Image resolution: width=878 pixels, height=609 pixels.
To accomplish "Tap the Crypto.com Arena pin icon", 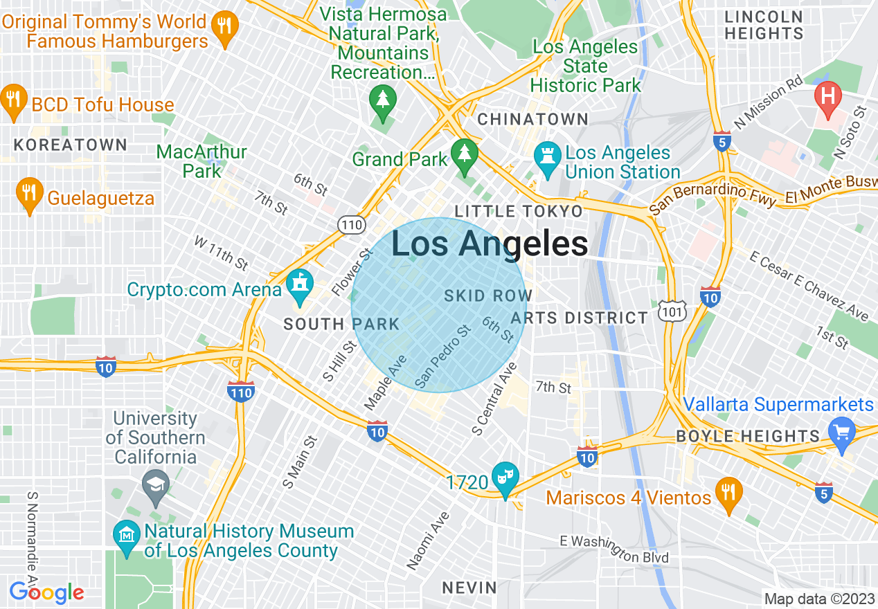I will tap(300, 287).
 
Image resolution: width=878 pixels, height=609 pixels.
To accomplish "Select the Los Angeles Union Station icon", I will tap(547, 160).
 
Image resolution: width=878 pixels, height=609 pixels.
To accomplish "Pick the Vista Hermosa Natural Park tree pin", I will tap(382, 101).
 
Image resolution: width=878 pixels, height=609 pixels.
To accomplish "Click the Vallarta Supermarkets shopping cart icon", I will tap(843, 434).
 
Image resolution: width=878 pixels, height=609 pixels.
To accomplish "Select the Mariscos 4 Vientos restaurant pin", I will tap(728, 494).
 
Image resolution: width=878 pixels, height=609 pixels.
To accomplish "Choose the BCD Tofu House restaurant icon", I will tap(13, 101).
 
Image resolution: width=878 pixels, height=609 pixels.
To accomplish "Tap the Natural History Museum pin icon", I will tap(127, 538).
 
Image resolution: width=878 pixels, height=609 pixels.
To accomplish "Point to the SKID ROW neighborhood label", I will tap(487, 296).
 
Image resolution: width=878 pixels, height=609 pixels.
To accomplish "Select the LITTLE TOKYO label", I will tap(518, 211).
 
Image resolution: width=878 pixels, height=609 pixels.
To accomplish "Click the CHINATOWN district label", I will tap(532, 119).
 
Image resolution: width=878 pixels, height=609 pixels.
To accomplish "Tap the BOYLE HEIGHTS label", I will tap(747, 436).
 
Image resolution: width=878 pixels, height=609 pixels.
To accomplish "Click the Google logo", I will tap(46, 592).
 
